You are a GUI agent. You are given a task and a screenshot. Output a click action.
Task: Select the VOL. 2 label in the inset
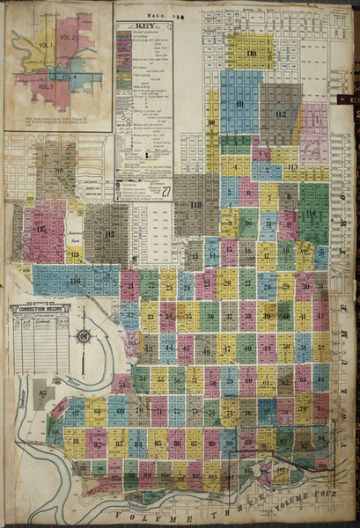(68, 39)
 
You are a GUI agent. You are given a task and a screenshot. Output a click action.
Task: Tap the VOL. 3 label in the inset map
(46, 86)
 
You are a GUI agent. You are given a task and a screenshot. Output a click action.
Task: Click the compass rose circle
(84, 336)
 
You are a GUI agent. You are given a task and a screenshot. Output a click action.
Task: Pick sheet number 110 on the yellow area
(252, 55)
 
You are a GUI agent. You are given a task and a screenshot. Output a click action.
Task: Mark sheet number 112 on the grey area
(281, 114)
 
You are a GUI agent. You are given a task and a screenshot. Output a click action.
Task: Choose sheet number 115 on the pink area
(42, 231)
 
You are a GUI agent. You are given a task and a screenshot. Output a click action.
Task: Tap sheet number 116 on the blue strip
(75, 281)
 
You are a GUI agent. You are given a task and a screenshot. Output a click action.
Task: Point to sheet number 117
(110, 235)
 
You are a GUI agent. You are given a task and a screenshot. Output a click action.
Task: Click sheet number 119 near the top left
(60, 170)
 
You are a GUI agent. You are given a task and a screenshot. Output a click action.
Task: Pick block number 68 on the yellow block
(96, 411)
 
